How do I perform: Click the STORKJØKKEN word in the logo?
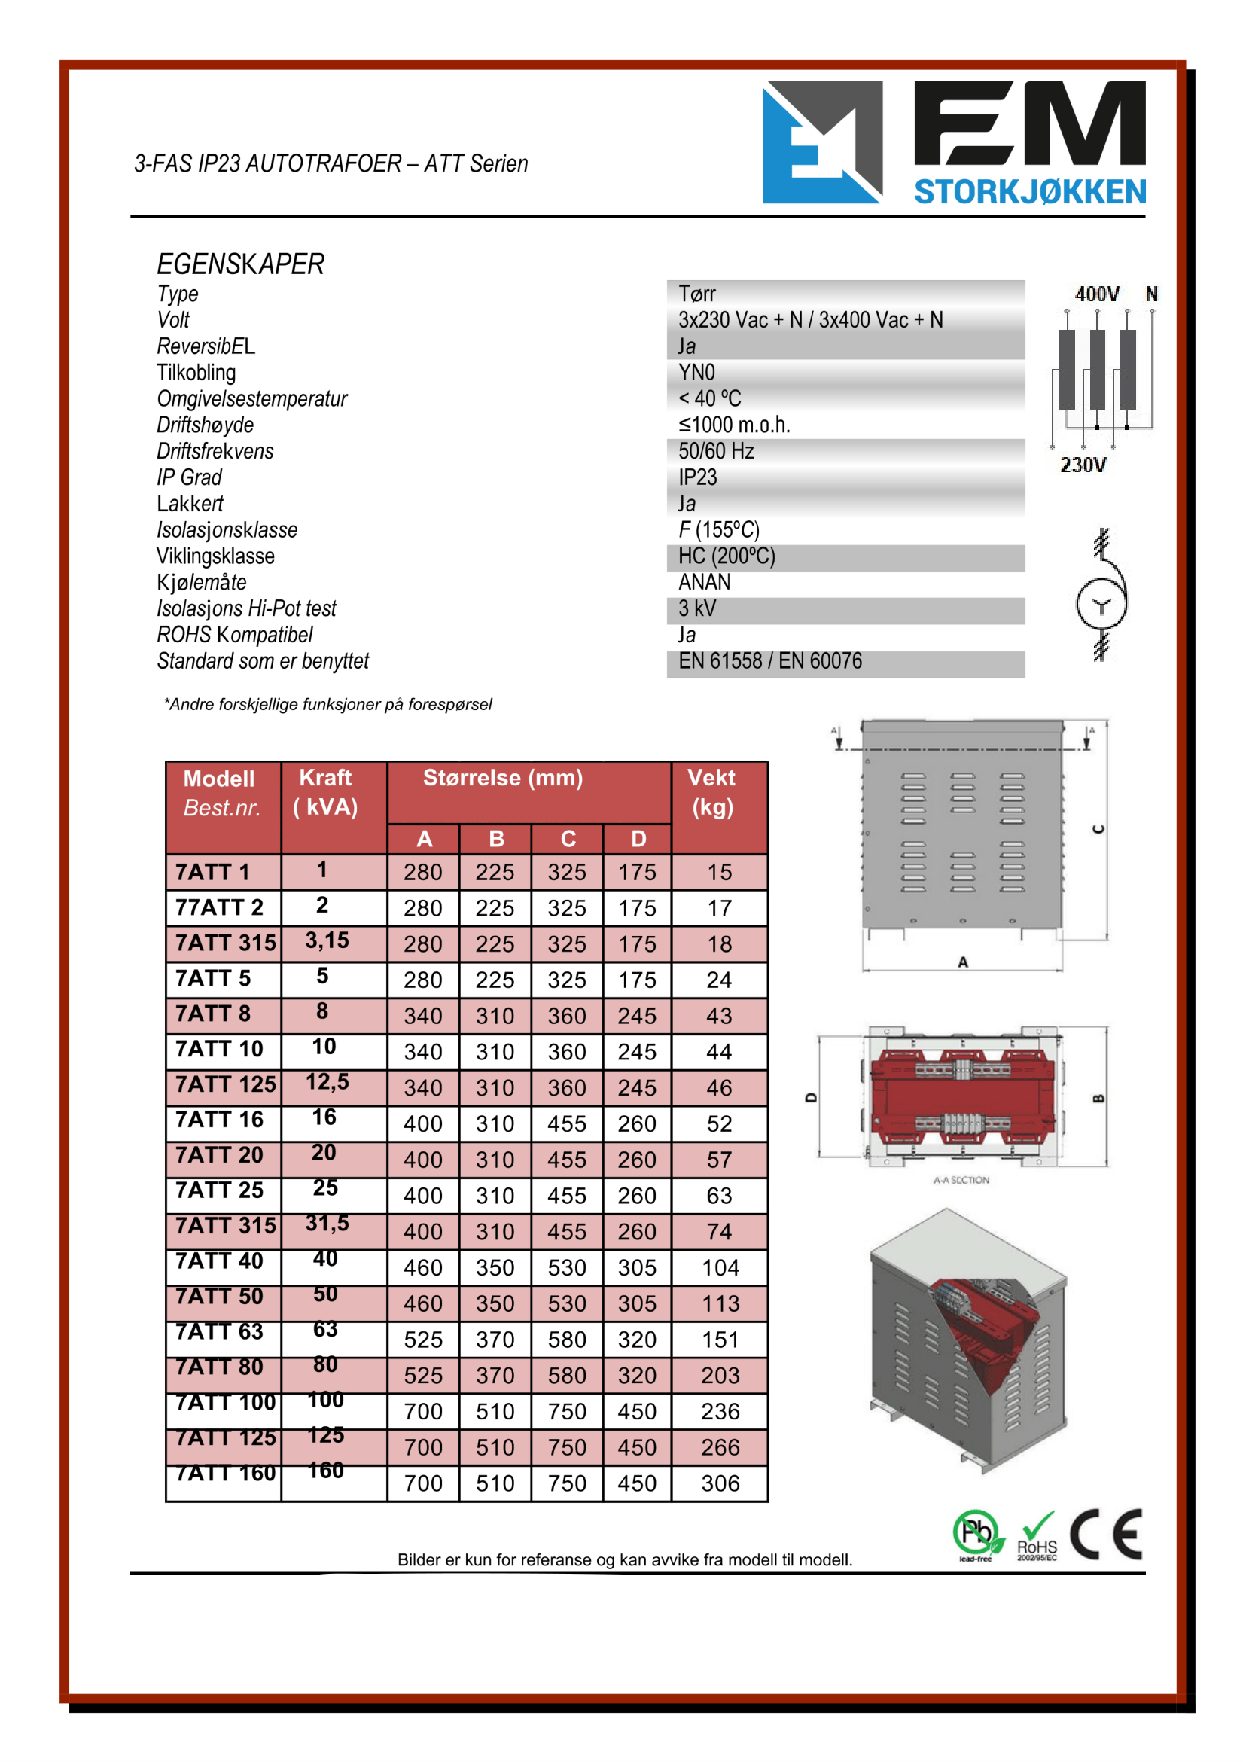(1030, 192)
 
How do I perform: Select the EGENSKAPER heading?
(240, 264)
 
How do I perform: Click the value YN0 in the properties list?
(696, 373)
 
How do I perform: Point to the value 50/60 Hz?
(716, 451)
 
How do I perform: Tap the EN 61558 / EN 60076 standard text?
(769, 662)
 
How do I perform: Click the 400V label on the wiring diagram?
(1096, 294)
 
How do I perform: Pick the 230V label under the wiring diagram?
(1083, 465)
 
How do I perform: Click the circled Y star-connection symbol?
(1101, 605)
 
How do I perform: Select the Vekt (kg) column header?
(712, 792)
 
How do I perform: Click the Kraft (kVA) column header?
(326, 792)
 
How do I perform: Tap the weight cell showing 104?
(720, 1268)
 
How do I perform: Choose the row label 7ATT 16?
(219, 1120)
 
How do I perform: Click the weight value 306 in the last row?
(720, 1483)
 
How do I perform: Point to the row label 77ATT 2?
(219, 908)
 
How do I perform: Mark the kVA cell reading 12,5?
(327, 1082)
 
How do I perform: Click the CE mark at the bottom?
(1106, 1534)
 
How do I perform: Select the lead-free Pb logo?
(977, 1535)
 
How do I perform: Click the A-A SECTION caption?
(961, 1179)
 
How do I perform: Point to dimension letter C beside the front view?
(1098, 830)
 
